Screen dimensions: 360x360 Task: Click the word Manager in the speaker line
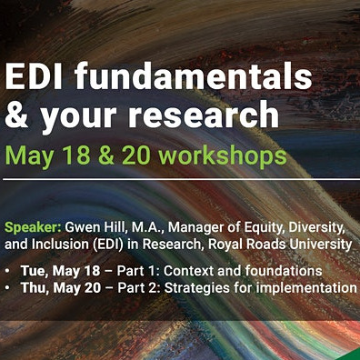pyautogui.click(x=195, y=226)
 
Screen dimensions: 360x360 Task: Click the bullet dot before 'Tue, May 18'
pyautogui.click(x=8, y=270)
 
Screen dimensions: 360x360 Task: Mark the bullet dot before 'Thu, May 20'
pyautogui.click(x=8, y=287)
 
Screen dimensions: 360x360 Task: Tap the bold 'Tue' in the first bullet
pyautogui.click(x=32, y=270)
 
